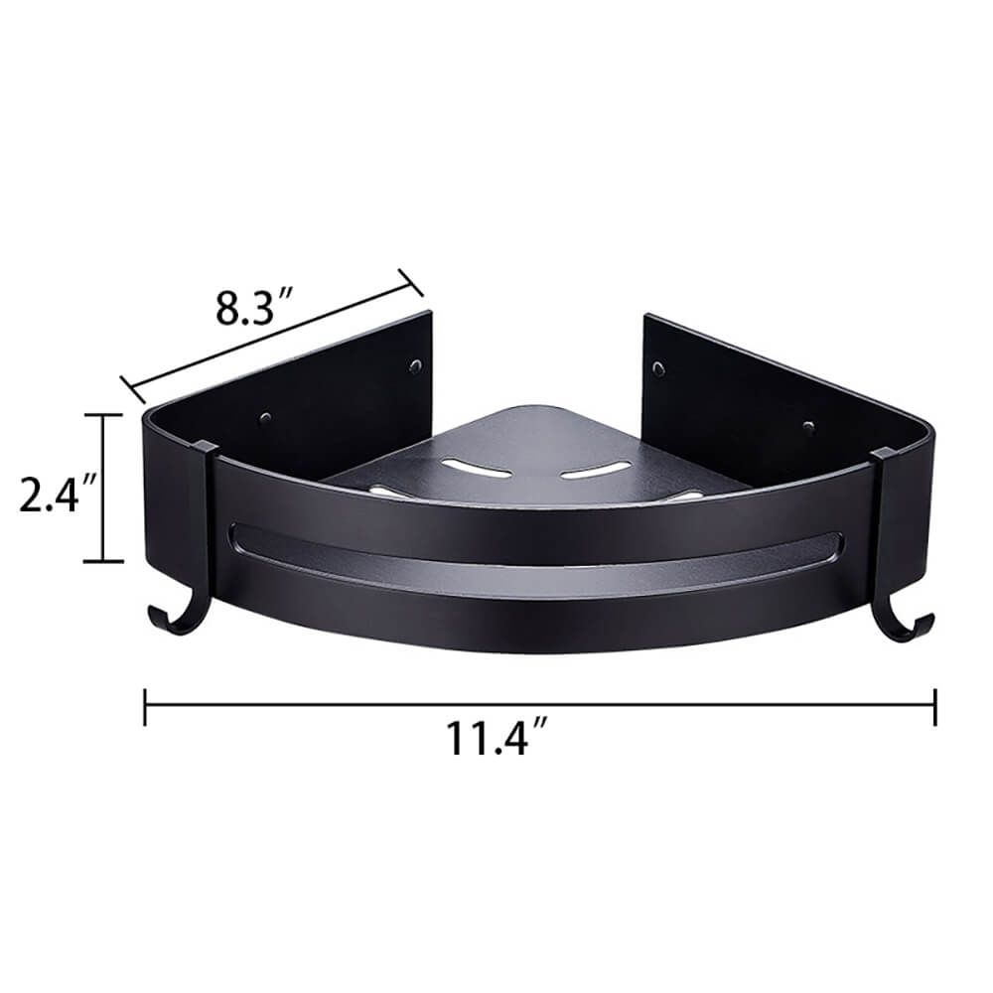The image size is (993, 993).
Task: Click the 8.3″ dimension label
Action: [254, 306]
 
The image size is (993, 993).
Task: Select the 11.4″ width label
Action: [496, 737]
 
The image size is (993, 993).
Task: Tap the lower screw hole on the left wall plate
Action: [266, 418]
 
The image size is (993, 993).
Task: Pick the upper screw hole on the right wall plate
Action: [660, 366]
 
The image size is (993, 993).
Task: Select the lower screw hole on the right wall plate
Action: [808, 426]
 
